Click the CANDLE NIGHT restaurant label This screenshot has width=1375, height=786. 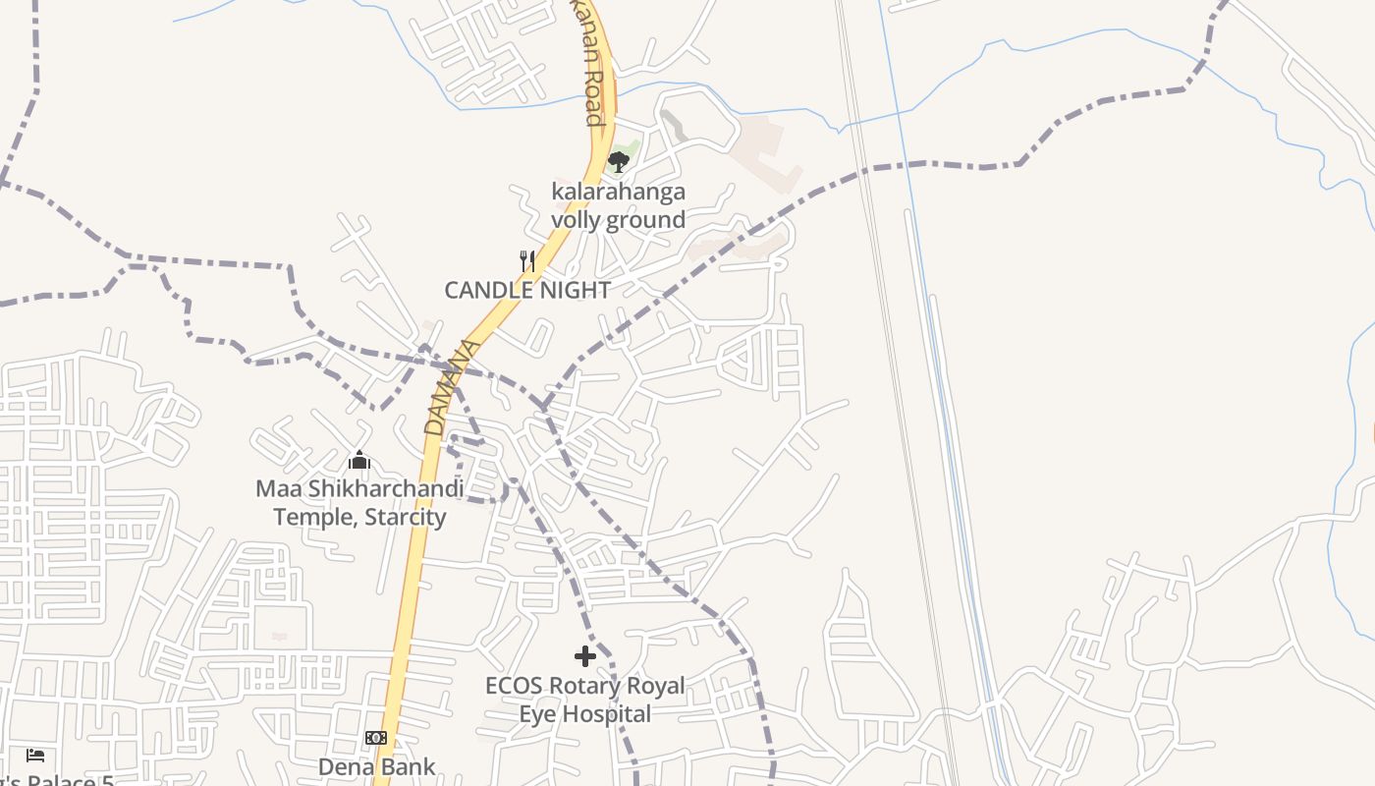527,290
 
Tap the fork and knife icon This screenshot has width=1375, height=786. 527,260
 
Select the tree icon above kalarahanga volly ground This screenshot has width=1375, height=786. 618,161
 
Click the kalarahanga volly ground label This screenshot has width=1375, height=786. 618,205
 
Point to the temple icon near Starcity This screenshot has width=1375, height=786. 359,460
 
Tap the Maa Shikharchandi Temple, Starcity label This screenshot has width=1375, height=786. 359,502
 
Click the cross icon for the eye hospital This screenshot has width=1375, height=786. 585,655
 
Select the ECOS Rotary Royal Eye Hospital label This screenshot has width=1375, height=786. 585,700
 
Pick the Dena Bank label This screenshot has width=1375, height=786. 376,766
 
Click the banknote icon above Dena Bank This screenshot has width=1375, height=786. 376,738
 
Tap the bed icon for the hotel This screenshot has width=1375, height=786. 35,755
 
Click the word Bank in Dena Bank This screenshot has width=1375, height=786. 407,766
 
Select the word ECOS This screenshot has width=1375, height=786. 514,685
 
